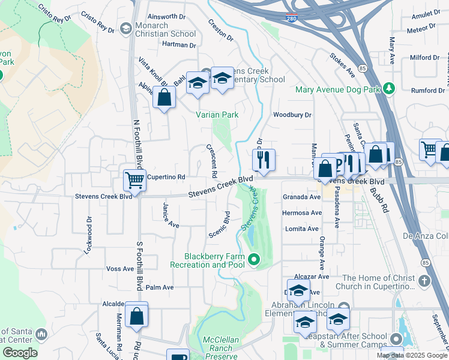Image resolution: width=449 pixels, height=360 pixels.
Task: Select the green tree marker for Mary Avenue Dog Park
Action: tap(389, 89)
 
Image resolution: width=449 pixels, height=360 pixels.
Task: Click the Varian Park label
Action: tap(217, 115)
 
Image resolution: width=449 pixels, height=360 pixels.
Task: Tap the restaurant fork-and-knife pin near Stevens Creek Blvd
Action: tap(264, 160)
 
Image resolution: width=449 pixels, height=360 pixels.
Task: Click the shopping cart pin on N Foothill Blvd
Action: tap(135, 179)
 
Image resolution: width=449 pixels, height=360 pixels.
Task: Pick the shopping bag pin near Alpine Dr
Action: tap(164, 97)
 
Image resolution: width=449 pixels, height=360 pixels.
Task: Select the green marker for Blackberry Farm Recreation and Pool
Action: tap(254, 260)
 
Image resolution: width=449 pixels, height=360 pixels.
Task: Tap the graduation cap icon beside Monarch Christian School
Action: tap(125, 28)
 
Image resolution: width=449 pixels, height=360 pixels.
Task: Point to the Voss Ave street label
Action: tap(119, 269)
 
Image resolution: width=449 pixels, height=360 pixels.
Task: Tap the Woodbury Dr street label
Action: tap(292, 115)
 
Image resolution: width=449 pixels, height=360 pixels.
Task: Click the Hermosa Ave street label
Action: tap(302, 213)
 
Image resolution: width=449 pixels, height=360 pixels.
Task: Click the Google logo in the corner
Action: tap(20, 353)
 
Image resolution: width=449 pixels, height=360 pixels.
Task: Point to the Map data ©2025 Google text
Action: tap(411, 355)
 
